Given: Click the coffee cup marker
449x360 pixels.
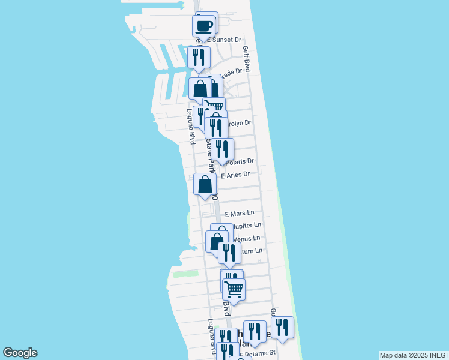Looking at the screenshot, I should (x=203, y=26).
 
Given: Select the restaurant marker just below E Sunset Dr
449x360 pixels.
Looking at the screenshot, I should (x=198, y=57).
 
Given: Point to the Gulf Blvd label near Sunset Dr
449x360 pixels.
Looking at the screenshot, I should (x=246, y=59).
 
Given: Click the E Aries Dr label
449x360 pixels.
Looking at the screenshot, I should (x=235, y=175).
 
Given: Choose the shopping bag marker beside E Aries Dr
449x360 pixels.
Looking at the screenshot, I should (x=205, y=184).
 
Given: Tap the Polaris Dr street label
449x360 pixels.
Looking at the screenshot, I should (x=240, y=161).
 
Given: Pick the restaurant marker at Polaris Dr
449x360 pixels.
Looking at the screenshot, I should (x=222, y=149).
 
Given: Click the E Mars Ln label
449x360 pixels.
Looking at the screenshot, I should (x=240, y=214).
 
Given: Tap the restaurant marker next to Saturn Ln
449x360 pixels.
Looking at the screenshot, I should (x=229, y=253).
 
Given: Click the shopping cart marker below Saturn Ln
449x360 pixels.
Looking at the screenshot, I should (x=234, y=289).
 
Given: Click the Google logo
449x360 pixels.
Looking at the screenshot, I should (x=20, y=353).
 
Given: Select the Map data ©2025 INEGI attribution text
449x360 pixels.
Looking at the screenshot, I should (x=413, y=355).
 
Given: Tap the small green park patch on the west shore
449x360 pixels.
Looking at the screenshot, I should (x=185, y=274).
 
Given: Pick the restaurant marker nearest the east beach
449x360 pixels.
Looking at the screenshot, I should (x=282, y=327).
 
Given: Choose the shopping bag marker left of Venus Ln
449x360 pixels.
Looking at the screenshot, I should (x=215, y=241).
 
